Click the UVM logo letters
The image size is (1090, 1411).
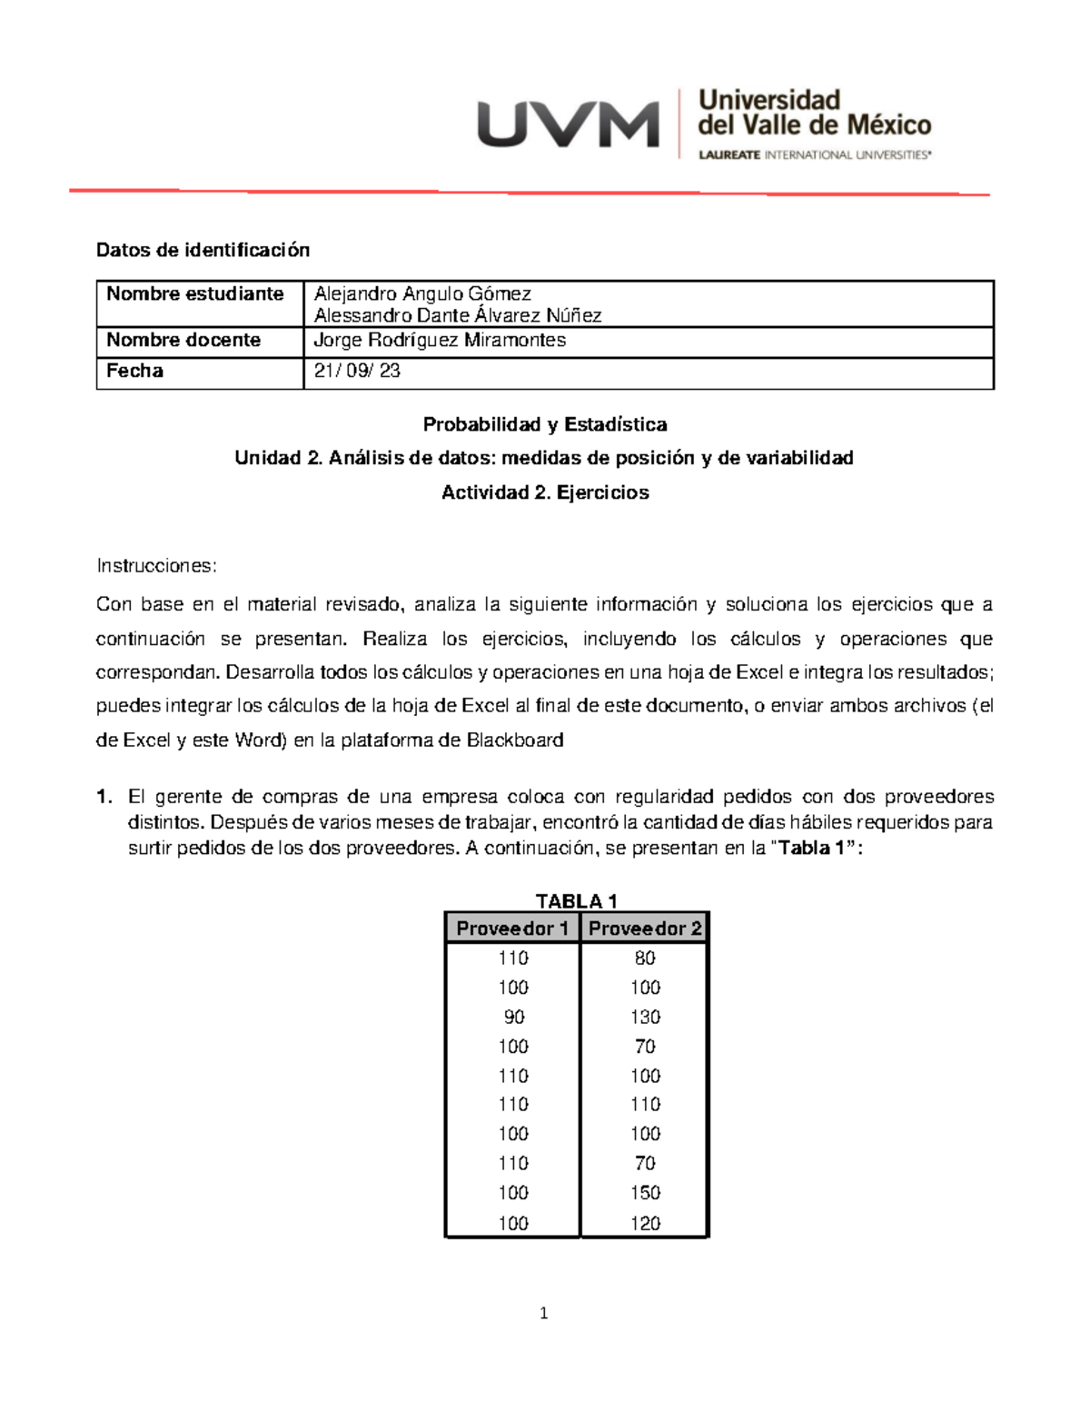[x=568, y=124]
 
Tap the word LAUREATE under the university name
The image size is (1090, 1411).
[x=728, y=155]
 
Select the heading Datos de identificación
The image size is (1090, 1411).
[x=203, y=250]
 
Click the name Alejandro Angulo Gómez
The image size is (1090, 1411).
[x=422, y=293]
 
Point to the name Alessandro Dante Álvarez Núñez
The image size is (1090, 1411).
[x=457, y=315]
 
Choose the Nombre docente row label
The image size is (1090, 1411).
[x=183, y=340]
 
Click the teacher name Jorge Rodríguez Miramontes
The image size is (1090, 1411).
[x=439, y=340]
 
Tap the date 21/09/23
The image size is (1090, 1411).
[x=357, y=371]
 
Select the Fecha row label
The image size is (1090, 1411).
[x=134, y=371]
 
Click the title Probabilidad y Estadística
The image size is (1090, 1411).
[x=545, y=424]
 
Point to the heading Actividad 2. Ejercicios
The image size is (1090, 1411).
[x=545, y=492]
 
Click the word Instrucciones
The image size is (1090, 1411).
[x=156, y=566]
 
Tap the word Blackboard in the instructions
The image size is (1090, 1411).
[x=515, y=740]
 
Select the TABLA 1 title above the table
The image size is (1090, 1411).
[x=576, y=901]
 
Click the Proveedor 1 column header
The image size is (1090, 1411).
[x=512, y=929]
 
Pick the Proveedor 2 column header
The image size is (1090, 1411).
[x=645, y=929]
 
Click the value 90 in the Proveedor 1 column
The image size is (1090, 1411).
[x=513, y=1017]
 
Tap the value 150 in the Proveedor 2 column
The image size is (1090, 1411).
[x=645, y=1193]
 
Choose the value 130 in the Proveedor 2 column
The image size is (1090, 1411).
[x=645, y=1017]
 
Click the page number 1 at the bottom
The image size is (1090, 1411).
[x=543, y=1313]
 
